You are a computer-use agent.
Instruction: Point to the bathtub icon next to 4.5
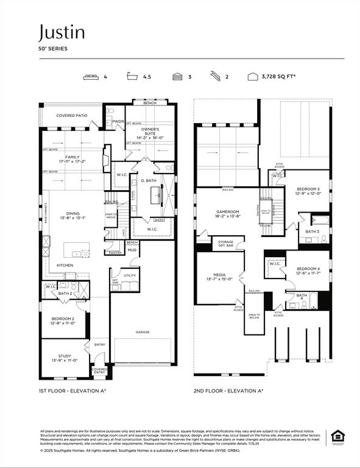tap(132, 77)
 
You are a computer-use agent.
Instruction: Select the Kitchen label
tap(65, 265)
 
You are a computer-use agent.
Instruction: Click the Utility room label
tap(130, 275)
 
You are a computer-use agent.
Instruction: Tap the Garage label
tap(143, 332)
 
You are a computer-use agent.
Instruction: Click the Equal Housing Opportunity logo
tap(336, 436)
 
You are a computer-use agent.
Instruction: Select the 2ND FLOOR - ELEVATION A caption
tap(228, 391)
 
